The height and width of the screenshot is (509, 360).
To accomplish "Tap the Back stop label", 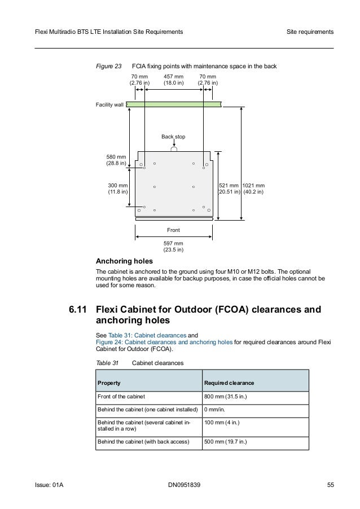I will point(173,137).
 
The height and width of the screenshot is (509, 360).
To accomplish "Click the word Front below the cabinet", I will point(173,230).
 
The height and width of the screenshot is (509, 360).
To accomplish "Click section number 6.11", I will point(78,310).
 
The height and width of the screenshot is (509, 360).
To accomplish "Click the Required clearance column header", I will point(228,383).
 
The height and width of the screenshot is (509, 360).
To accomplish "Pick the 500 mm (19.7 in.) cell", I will point(226,441).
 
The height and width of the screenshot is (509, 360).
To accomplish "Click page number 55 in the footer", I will point(330,485).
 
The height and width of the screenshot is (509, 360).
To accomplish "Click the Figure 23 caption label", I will point(109,66).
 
